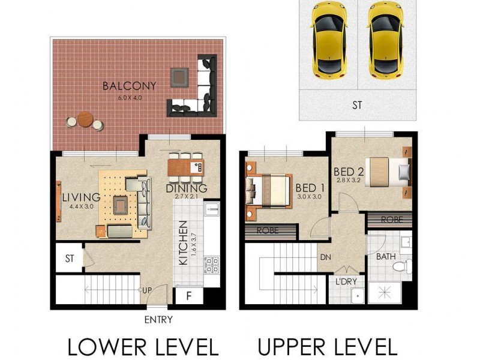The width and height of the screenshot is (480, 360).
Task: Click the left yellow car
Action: coord(330,39)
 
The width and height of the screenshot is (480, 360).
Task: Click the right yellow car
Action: coord(386,39)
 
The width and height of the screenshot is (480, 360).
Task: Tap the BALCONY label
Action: coord(129,86)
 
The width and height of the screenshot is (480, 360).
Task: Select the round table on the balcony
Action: coord(85,119)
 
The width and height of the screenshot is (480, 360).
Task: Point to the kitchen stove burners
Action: coord(212,265)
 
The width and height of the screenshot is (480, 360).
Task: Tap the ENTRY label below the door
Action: coord(158,320)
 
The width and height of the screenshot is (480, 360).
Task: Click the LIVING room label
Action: coord(76,197)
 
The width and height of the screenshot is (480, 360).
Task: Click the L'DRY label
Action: coord(347,281)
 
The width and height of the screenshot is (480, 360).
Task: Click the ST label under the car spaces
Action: coord(357,106)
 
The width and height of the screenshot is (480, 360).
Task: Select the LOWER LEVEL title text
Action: coord(142,347)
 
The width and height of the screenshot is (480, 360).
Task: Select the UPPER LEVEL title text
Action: coord(328,347)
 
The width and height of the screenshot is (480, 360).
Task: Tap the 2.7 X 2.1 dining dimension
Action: coord(186,197)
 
